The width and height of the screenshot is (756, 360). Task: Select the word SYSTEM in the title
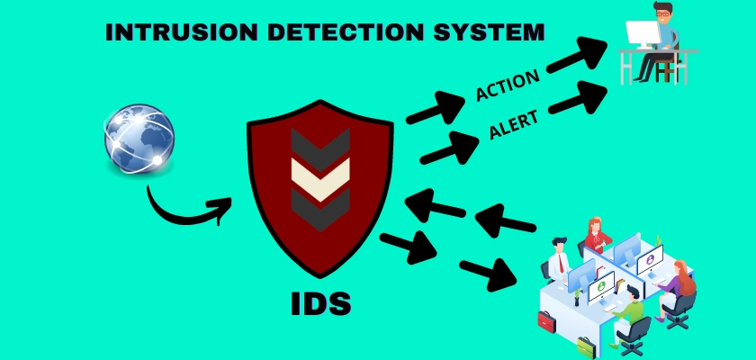tap(489, 32)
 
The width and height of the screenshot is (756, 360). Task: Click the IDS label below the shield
tap(320, 304)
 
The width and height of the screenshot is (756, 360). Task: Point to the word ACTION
tap(508, 85)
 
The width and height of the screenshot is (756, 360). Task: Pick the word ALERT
tap(514, 125)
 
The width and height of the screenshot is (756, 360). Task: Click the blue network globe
tap(139, 139)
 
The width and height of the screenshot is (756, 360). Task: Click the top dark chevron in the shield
tap(320, 147)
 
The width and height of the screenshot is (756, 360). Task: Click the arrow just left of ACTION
tap(436, 107)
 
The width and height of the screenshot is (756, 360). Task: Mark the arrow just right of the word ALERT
tap(578, 98)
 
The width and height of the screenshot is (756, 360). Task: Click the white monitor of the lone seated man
tap(643, 33)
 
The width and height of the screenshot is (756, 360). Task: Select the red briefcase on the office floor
tap(547, 322)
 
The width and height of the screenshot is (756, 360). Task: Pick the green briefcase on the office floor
tap(587, 347)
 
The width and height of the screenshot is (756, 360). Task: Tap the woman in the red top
tap(596, 236)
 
